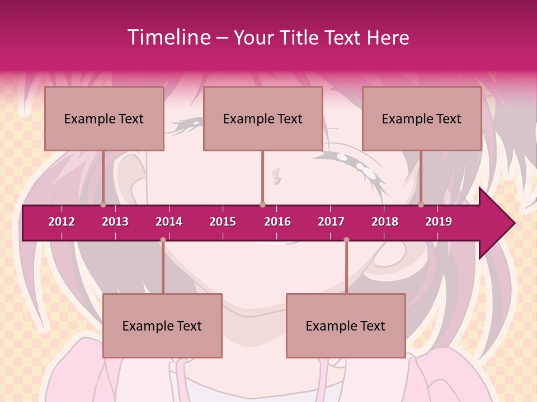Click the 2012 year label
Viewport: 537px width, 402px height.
pos(62,222)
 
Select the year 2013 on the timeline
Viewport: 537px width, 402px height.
pos(115,222)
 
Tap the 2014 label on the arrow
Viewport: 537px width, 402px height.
pos(169,222)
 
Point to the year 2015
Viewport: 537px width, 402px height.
pos(223,222)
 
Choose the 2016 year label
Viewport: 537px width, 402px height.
pos(277,222)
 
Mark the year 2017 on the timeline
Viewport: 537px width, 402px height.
pos(331,222)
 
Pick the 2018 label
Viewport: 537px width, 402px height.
pos(385,222)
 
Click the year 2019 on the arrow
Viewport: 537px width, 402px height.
pos(439,222)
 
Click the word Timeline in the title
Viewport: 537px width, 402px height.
pos(168,37)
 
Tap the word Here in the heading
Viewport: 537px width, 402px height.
pos(388,37)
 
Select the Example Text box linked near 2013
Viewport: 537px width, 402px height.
pos(104,118)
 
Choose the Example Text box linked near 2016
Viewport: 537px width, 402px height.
pos(263,118)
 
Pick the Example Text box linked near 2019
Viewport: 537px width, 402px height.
pos(422,118)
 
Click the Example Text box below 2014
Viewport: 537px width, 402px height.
pos(162,326)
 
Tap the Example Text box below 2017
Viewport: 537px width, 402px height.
pos(346,326)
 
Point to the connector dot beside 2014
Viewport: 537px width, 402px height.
pos(163,240)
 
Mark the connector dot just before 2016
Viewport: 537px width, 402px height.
pos(262,204)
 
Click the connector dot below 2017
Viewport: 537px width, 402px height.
pos(346,240)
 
